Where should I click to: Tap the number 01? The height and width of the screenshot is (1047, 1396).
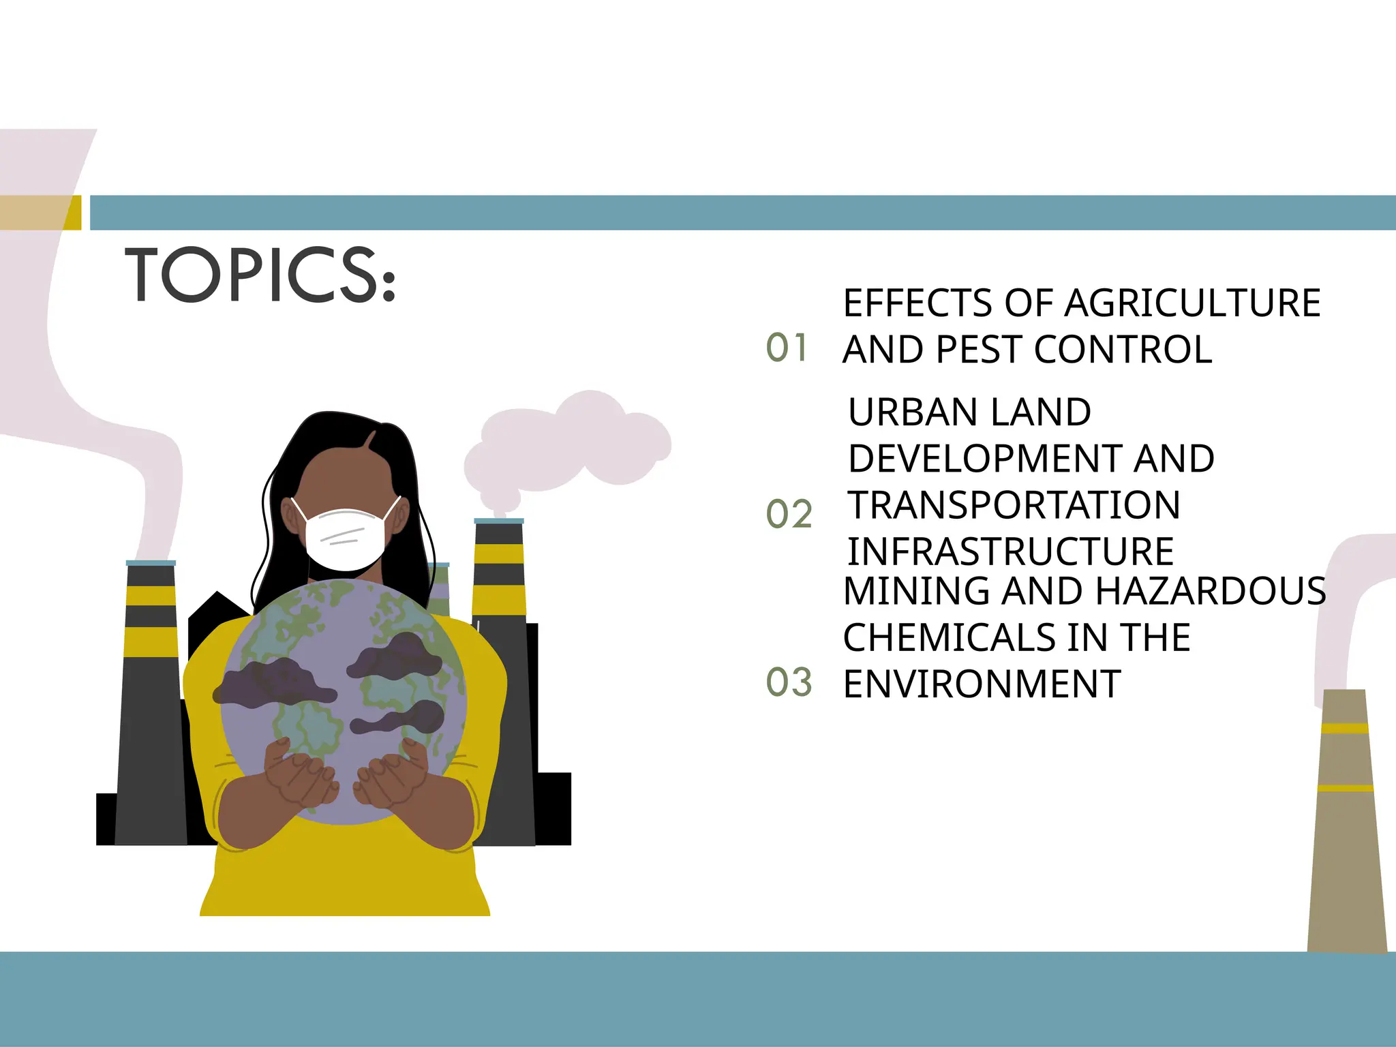click(787, 348)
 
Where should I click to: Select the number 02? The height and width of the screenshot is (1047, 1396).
click(789, 514)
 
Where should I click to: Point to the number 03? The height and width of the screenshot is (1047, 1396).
click(789, 682)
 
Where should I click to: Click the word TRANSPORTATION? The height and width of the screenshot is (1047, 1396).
click(1014, 505)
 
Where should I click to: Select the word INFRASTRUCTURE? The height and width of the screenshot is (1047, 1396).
click(1010, 551)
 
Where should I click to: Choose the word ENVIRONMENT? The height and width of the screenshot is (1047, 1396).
click(982, 684)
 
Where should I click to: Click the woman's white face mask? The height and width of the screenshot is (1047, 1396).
click(346, 538)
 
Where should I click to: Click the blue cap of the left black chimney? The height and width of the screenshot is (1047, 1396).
click(151, 563)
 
